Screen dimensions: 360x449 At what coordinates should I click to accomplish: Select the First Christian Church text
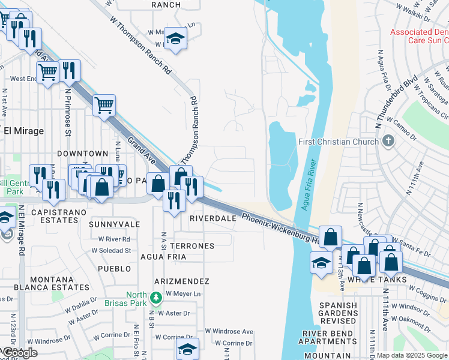[x=339, y=142]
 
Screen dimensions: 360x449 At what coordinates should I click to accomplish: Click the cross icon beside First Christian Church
[x=388, y=142]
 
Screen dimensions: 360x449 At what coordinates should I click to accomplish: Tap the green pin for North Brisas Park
[x=156, y=296]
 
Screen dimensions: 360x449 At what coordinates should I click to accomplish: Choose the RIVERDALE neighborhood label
[x=213, y=218]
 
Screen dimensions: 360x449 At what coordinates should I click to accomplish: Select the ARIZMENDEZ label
[x=181, y=281]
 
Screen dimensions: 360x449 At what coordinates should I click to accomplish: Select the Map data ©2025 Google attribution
[x=412, y=355]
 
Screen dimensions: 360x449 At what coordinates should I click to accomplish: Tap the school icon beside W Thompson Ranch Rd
[x=176, y=38]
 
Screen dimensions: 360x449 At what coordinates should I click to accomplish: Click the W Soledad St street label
[x=110, y=250]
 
